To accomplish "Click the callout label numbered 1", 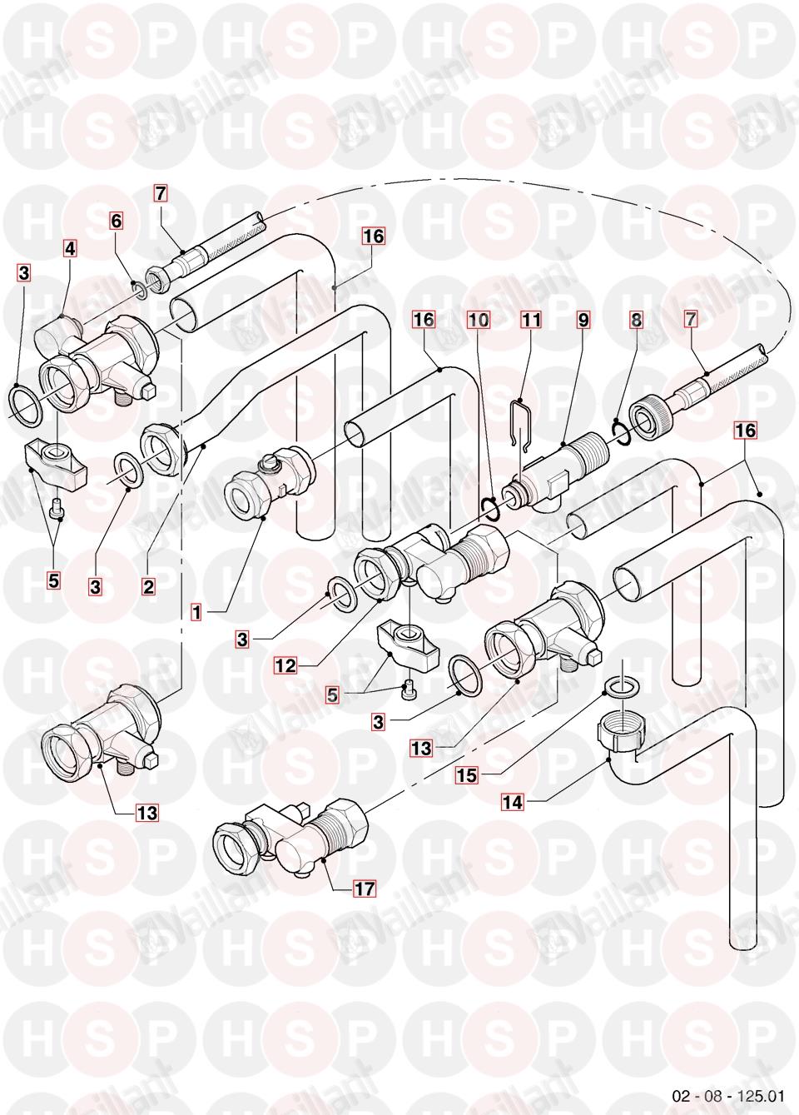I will coord(196,613).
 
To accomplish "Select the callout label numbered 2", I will coord(148,586).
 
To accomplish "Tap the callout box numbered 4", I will coord(70,248).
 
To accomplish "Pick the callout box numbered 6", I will coord(116,221).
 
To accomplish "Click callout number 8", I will coord(636,319).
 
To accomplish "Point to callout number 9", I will coord(582,319).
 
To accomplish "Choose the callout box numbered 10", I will coord(478,319).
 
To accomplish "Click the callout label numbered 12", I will coord(285,665).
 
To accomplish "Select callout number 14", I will coord(512,802).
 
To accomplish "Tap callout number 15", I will coord(466,774).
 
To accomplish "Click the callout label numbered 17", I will coord(364,889).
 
